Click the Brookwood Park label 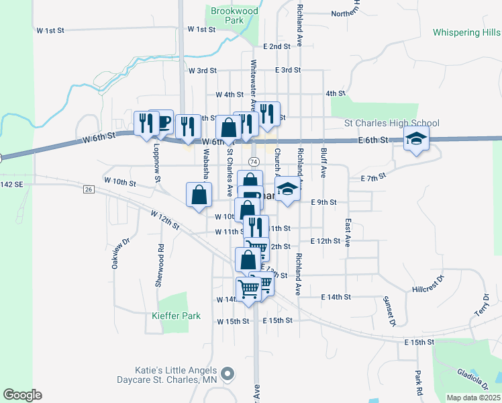pyautogui.click(x=225, y=15)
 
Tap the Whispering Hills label pyautogui.click(x=466, y=32)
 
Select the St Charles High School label pyautogui.click(x=391, y=123)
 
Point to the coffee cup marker pyautogui.click(x=161, y=122)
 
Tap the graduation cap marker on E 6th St pyautogui.click(x=416, y=139)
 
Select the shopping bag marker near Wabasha pyautogui.click(x=199, y=195)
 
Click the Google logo pyautogui.click(x=22, y=394)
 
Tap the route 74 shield pyautogui.click(x=254, y=162)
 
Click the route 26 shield pyautogui.click(x=89, y=189)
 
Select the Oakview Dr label pyautogui.click(x=115, y=256)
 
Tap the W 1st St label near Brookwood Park pyautogui.click(x=201, y=29)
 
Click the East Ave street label pyautogui.click(x=348, y=232)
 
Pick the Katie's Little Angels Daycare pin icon pyautogui.click(x=228, y=373)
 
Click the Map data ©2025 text pyautogui.click(x=474, y=397)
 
